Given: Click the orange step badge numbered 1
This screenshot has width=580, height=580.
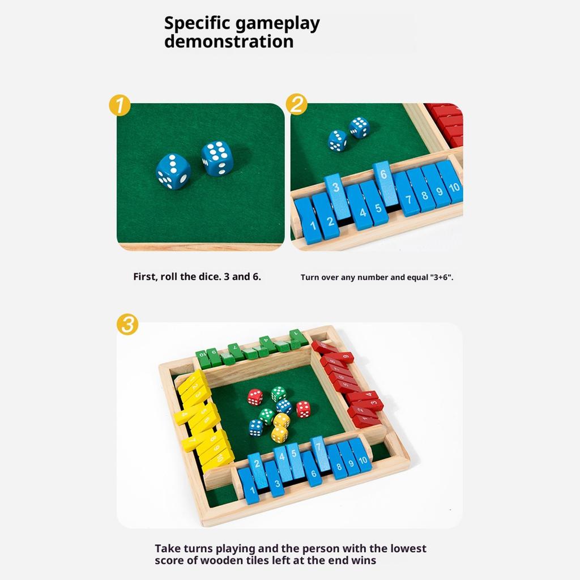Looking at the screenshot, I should (x=120, y=106).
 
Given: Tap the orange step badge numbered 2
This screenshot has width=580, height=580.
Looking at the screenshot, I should (x=297, y=105).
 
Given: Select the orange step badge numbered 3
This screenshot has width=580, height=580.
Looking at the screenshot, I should (x=127, y=325).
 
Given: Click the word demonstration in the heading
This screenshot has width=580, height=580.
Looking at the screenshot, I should (x=229, y=41).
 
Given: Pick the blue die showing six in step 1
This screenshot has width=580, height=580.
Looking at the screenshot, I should (x=217, y=157).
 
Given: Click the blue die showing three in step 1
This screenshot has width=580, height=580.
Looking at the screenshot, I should (x=173, y=171).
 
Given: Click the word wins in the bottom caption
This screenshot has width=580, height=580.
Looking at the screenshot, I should (x=363, y=560).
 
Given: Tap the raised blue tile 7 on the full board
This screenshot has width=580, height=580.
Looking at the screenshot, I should (x=319, y=453).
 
